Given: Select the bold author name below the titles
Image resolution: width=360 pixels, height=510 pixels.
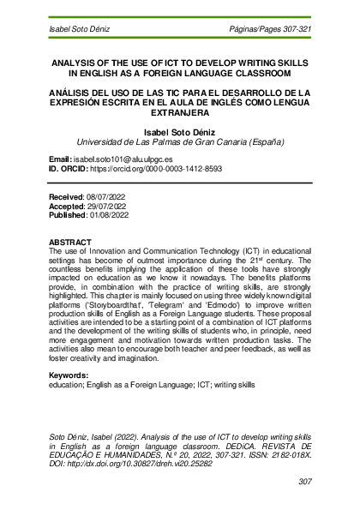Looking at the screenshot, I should click(179, 131).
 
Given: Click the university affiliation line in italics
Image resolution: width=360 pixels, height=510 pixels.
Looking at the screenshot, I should click(180, 142).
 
